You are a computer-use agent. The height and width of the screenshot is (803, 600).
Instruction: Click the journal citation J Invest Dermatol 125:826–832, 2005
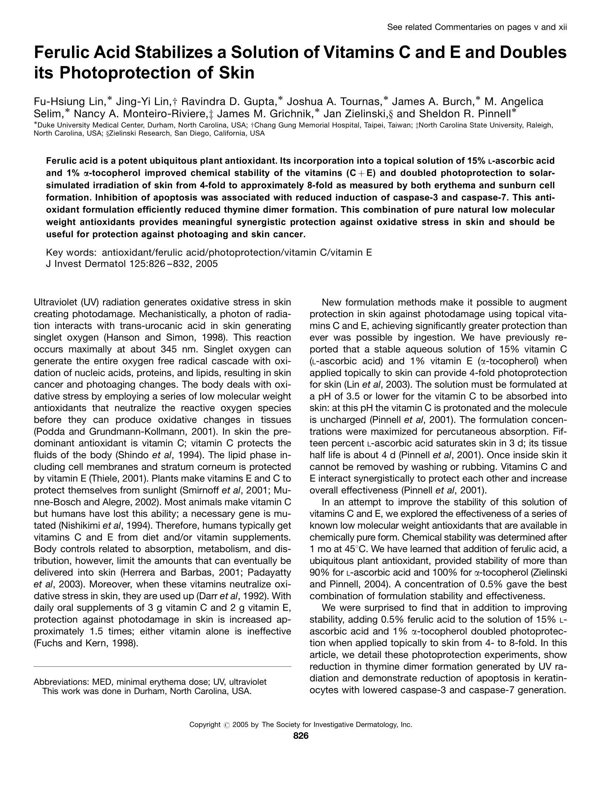[x=131, y=264]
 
